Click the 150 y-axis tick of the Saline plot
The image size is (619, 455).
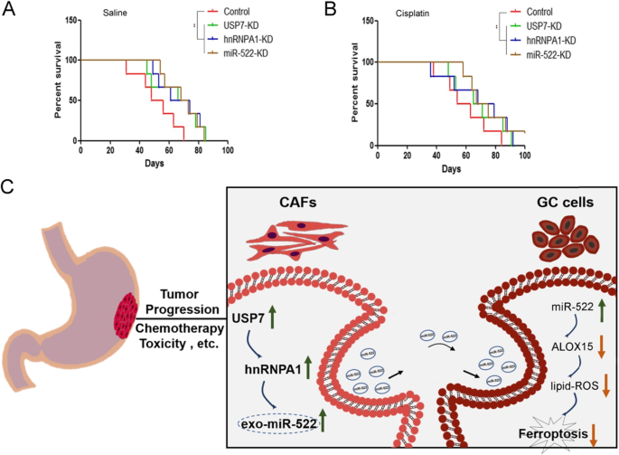[x=70, y=17]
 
